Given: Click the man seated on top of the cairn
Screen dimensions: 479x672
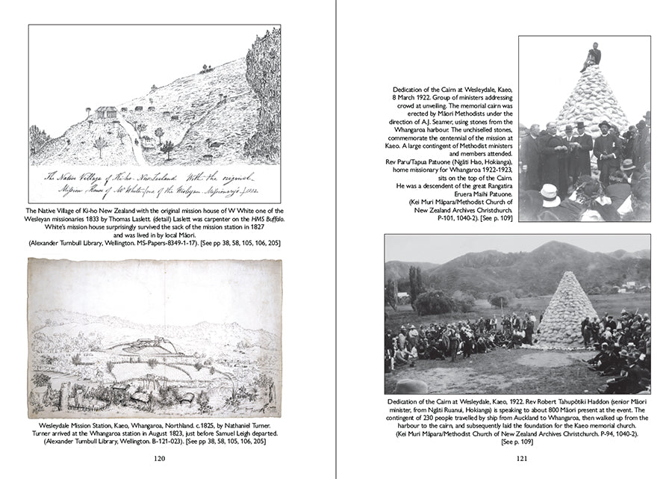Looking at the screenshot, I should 591,57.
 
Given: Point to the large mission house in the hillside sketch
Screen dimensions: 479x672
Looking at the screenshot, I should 105,112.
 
